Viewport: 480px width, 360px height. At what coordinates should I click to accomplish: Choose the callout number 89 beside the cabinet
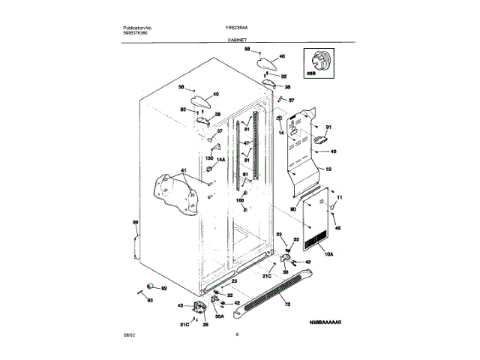pyautogui.click(x=135, y=223)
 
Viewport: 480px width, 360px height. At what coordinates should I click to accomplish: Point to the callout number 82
pyautogui.click(x=165, y=289)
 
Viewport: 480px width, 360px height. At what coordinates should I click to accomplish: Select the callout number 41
pyautogui.click(x=181, y=172)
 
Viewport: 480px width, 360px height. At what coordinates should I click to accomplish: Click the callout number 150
pyautogui.click(x=210, y=160)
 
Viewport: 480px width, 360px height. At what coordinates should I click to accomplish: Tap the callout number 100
pyautogui.click(x=241, y=201)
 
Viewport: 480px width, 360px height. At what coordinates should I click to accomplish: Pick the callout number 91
pyautogui.click(x=328, y=128)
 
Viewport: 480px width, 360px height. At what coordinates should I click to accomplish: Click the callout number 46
pyautogui.click(x=334, y=152)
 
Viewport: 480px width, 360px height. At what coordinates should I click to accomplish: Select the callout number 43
pyautogui.click(x=180, y=305)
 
